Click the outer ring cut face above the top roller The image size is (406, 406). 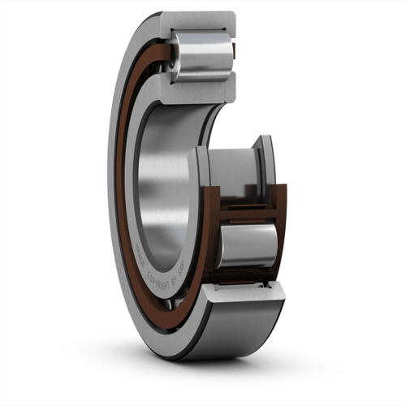point(203,19)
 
